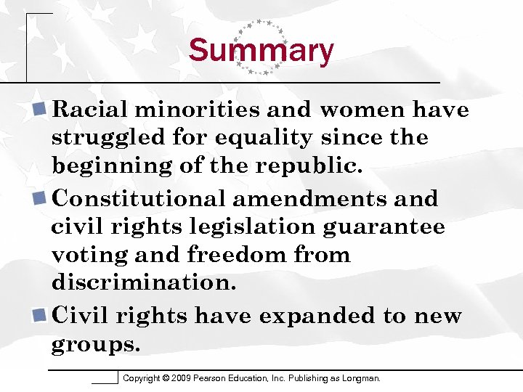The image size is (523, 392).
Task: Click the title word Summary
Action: pos(261,52)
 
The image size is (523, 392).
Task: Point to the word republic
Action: pos(307,166)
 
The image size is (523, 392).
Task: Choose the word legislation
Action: pos(256,227)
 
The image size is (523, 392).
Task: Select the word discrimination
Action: pos(144,282)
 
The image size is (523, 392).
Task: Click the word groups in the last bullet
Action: pos(95,345)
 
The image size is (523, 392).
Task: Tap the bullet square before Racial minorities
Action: pos(41,110)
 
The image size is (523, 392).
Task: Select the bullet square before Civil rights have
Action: pos(41,317)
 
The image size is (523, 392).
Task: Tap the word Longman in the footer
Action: pos(360,378)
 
